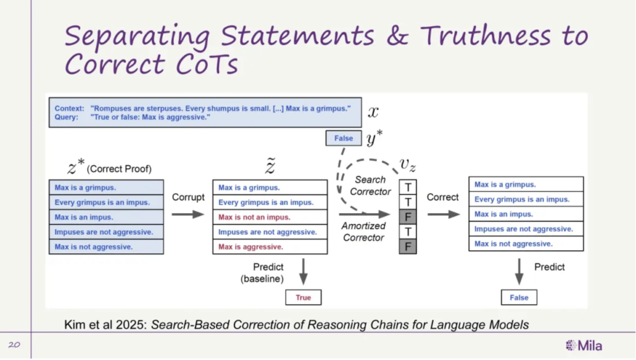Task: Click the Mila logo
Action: coord(584,345)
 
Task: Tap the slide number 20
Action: coord(14,345)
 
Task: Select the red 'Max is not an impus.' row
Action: coord(270,217)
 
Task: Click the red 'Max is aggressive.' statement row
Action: coord(270,247)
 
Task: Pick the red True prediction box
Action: coord(303,298)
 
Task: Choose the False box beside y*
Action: coord(343,138)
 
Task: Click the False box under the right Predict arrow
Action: coord(519,298)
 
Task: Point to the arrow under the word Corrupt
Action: coord(188,214)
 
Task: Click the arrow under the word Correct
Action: coord(444,214)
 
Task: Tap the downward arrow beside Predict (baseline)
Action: coord(303,272)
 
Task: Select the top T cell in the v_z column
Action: coord(408,187)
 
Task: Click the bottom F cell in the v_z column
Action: coord(408,247)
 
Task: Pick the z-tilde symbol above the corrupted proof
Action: coord(270,166)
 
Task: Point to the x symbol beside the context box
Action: coord(373,111)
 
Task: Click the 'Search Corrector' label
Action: coord(370,186)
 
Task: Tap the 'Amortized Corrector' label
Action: coord(363,232)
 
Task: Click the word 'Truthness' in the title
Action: coord(485,35)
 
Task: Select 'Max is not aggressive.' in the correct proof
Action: coord(94,247)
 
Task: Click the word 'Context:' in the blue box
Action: coord(69,108)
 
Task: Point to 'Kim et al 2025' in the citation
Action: coord(105,325)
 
